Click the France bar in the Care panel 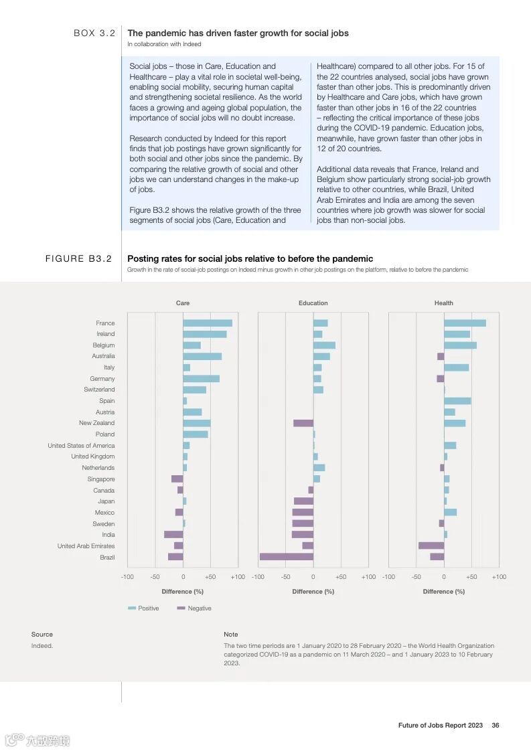208,323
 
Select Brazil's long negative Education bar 286,557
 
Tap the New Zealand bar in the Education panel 303,423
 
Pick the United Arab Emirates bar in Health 431,546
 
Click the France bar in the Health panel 465,323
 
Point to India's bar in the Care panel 173,535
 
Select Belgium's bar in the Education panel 324,345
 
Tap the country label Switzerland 99,390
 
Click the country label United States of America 81,446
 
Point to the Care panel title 182,303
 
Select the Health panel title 443,303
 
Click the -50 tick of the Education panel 285,577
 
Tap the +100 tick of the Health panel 498,577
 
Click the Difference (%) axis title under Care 182,592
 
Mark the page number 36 496,725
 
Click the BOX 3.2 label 94,33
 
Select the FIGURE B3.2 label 78,258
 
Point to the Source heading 42,635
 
